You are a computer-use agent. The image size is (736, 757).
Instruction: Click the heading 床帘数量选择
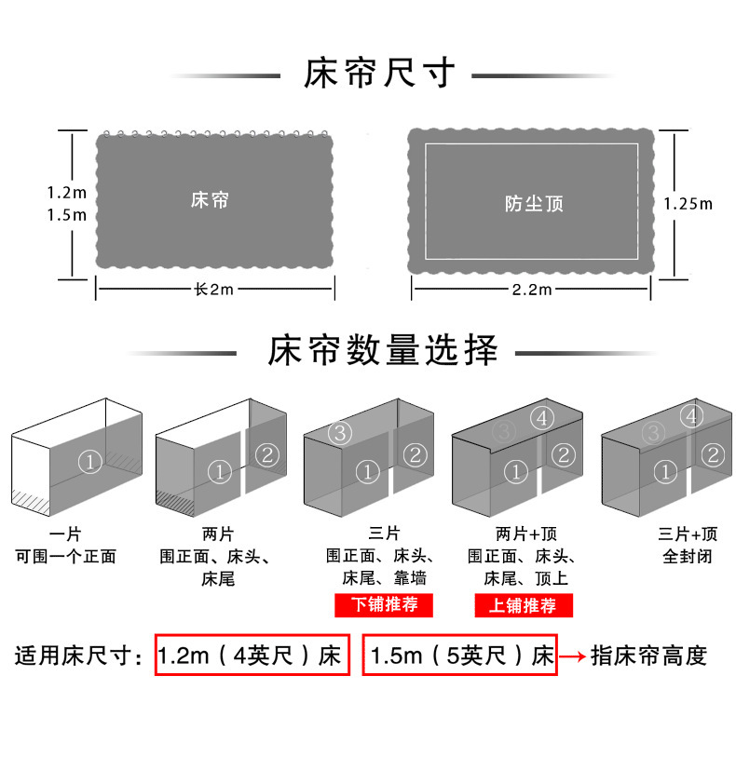point(383,352)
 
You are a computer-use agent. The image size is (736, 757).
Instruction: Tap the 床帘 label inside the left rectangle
point(209,200)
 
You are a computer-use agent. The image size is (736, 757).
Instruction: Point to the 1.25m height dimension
point(688,203)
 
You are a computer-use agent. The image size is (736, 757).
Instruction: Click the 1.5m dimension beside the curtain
point(67,215)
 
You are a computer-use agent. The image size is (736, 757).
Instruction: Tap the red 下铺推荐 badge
point(384,604)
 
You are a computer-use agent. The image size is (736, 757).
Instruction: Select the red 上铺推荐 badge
point(523,605)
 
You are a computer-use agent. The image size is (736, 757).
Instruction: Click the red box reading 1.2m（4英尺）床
point(252,656)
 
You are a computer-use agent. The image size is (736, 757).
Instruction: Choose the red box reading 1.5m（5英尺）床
point(460,656)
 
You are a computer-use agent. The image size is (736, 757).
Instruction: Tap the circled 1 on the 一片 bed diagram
point(89,459)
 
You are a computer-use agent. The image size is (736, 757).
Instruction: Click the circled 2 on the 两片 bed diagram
point(266,454)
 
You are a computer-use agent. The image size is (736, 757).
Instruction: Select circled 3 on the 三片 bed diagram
point(340,433)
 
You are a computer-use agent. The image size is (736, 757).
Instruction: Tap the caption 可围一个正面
point(66,557)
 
